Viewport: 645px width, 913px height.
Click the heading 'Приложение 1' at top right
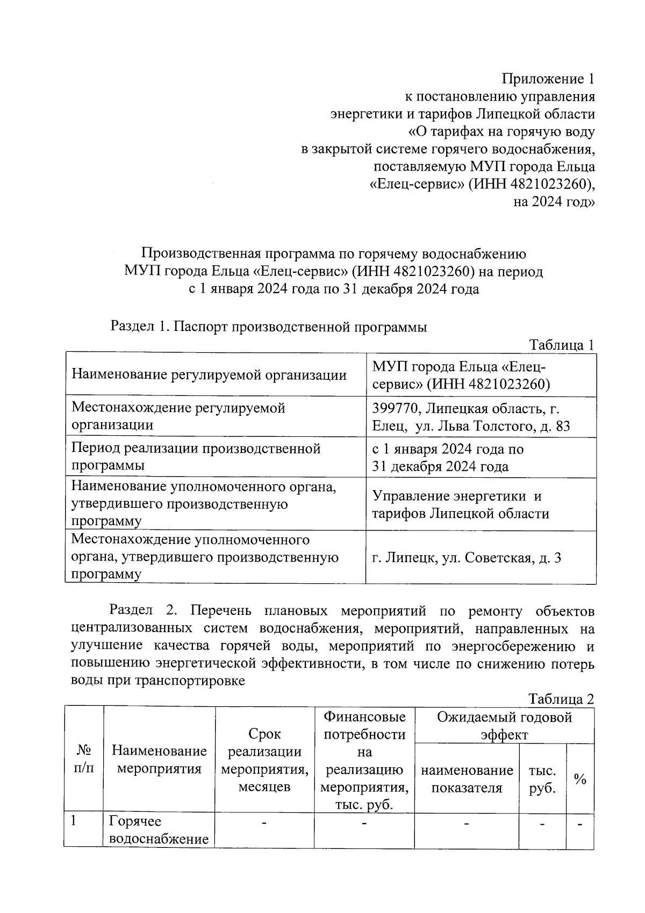click(548, 79)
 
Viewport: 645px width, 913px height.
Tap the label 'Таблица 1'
click(562, 344)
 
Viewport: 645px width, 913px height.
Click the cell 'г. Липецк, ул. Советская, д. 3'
click(467, 558)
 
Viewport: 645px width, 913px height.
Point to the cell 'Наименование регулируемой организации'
click(209, 375)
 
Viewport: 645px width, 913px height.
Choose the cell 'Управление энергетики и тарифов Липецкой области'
click(460, 505)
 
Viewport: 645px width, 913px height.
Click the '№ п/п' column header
click(83, 759)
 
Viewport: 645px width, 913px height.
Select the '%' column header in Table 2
click(580, 778)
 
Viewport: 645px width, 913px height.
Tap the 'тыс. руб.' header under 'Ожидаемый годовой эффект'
click(542, 779)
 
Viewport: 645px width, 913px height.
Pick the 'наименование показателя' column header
click(467, 779)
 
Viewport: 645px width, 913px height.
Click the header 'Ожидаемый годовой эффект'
click(504, 725)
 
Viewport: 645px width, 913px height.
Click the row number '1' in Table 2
click(74, 821)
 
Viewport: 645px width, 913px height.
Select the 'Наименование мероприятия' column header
click(159, 759)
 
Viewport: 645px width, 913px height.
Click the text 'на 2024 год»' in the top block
click(554, 202)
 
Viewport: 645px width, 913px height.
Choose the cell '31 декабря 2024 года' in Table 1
click(440, 466)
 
